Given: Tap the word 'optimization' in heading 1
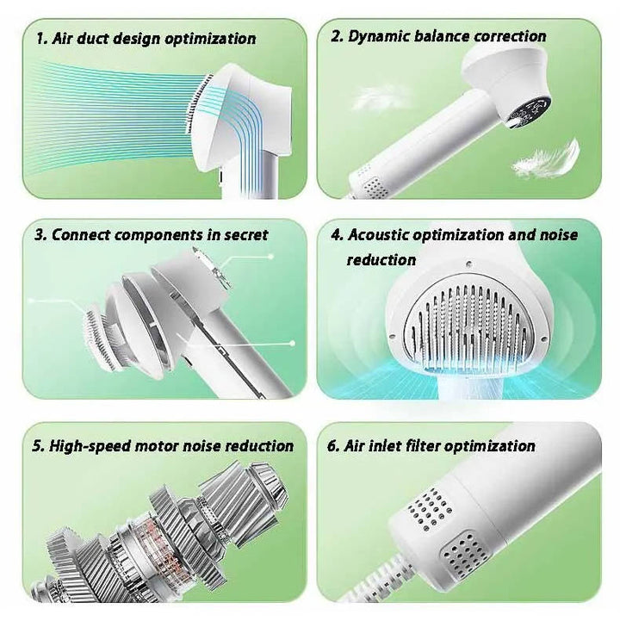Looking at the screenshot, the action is [x=210, y=40].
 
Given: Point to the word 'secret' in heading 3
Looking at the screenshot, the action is [x=246, y=235].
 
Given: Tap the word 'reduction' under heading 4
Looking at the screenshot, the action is [x=381, y=260].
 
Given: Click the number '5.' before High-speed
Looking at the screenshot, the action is [x=39, y=446].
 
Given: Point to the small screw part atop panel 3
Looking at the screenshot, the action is [x=212, y=266].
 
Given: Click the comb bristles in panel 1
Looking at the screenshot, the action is [x=197, y=103].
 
